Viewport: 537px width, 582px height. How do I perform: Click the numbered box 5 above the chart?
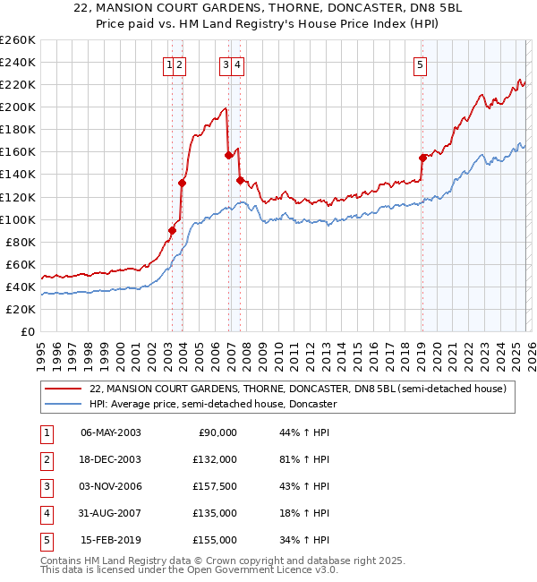pyautogui.click(x=420, y=64)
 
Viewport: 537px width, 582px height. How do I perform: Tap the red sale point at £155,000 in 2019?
pyautogui.click(x=422, y=158)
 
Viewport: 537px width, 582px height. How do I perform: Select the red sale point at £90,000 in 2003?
pyautogui.click(x=173, y=230)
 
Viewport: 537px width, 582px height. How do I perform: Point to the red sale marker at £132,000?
pyautogui.click(x=183, y=183)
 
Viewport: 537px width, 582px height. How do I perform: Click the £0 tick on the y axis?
pyautogui.click(x=26, y=331)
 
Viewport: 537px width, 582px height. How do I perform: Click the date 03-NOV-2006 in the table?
pyautogui.click(x=111, y=486)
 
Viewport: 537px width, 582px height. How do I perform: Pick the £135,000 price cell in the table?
pyautogui.click(x=215, y=513)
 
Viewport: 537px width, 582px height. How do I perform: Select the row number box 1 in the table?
pyautogui.click(x=47, y=432)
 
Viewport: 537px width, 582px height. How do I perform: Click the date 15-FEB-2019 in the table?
pyautogui.click(x=111, y=540)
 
